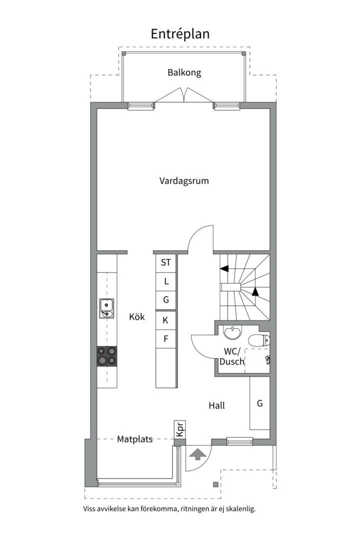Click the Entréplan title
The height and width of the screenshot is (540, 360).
click(x=180, y=34)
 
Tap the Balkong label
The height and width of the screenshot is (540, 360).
click(x=184, y=72)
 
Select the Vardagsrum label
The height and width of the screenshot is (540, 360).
click(x=184, y=181)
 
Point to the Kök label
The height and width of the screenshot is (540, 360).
click(x=137, y=316)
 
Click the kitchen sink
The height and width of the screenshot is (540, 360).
click(x=107, y=308)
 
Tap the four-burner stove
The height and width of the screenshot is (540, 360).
click(x=107, y=356)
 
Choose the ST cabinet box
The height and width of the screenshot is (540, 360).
click(x=165, y=263)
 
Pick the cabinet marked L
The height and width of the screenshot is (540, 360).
click(x=165, y=281)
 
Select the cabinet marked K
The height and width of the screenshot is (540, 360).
click(x=165, y=320)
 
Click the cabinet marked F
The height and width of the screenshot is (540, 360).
click(x=165, y=339)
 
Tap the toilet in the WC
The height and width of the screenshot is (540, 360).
click(x=259, y=340)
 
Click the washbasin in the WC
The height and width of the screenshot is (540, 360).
click(x=232, y=332)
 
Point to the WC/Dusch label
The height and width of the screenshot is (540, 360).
click(x=232, y=356)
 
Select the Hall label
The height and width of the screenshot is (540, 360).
click(x=216, y=405)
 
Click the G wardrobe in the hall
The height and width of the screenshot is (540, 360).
click(x=260, y=403)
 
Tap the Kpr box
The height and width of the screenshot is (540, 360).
click(x=180, y=429)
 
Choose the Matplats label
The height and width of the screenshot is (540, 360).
click(x=135, y=439)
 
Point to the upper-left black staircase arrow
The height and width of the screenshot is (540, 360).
click(x=224, y=268)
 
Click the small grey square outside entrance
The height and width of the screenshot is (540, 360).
click(x=215, y=484)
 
